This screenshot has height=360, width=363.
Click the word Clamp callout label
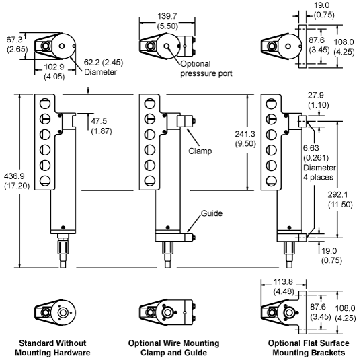click(x=200, y=151)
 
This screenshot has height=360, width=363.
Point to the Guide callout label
click(x=212, y=213)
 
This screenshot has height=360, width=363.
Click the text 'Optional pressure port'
click(x=206, y=69)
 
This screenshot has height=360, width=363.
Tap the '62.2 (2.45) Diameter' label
click(x=104, y=67)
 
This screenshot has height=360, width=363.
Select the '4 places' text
click(x=318, y=178)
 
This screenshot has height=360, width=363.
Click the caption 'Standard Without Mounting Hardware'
click(x=52, y=348)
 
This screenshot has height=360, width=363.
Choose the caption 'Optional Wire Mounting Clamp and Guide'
click(x=173, y=348)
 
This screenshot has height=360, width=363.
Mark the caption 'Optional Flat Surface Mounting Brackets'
click(x=309, y=348)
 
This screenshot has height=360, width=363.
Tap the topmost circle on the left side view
click(x=45, y=104)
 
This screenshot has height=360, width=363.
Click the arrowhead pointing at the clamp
click(x=188, y=130)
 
